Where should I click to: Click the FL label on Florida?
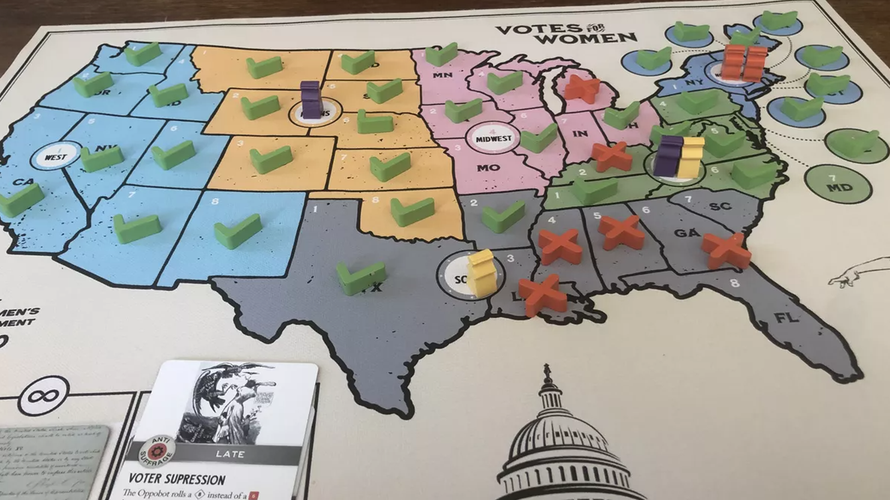tap(787, 318)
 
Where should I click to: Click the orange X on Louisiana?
tap(542, 294)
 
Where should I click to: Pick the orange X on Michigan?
tap(582, 88)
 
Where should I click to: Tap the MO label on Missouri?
tap(488, 168)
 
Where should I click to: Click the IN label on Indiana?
tap(580, 134)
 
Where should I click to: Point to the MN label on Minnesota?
tap(442, 75)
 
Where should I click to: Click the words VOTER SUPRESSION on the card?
tap(177, 479)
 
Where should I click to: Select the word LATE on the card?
tap(230, 454)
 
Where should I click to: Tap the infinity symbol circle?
tap(44, 396)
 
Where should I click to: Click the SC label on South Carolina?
tap(720, 206)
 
